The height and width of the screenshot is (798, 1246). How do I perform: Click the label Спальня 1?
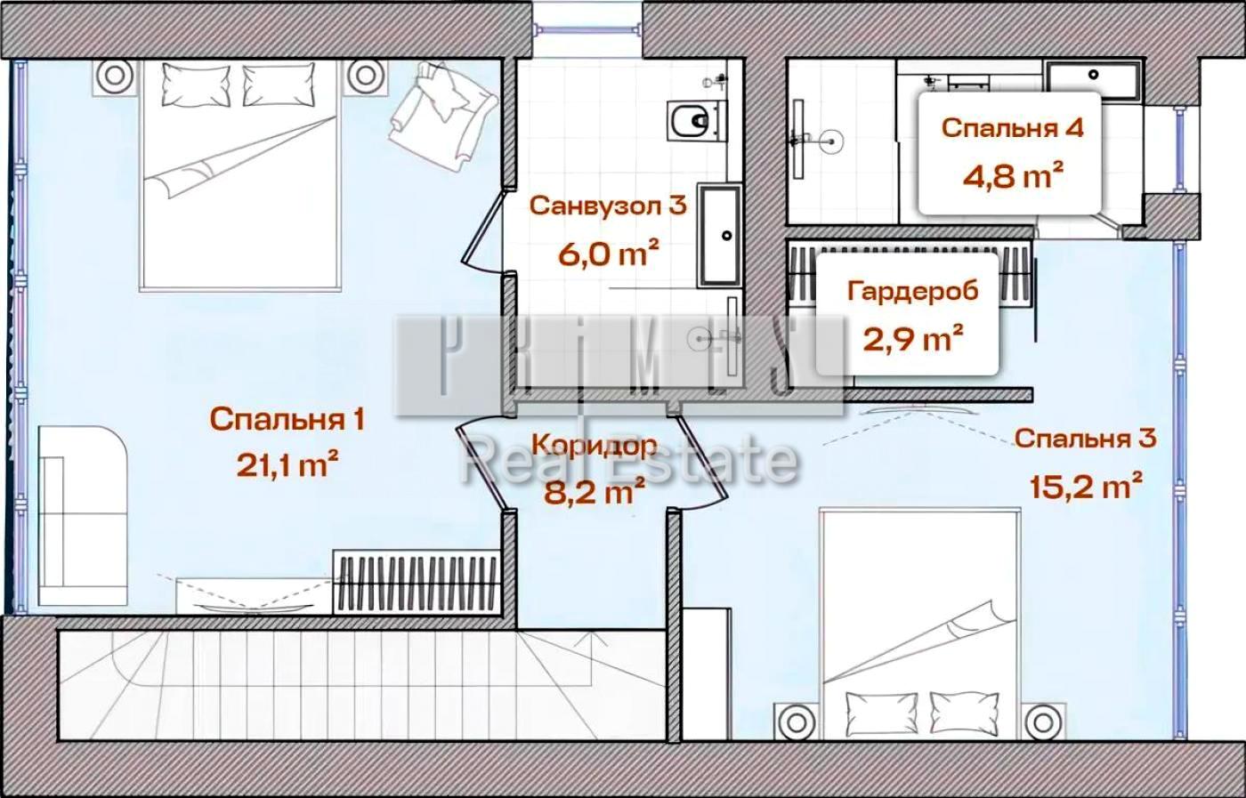pyautogui.click(x=287, y=419)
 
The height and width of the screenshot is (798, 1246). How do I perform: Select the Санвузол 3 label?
pyautogui.click(x=608, y=206)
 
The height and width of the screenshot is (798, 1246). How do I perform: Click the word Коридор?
pyautogui.click(x=595, y=445)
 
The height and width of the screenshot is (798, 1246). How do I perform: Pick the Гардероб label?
pyautogui.click(x=912, y=291)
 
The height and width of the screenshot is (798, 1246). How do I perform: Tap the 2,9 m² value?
pyautogui.click(x=912, y=338)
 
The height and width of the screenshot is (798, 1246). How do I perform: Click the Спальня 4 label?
pyautogui.click(x=1013, y=127)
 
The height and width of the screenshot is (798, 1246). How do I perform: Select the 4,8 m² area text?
pyautogui.click(x=1013, y=174)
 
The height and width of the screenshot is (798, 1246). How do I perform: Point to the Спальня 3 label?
pyautogui.click(x=1085, y=439)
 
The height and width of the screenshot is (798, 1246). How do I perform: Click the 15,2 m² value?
pyautogui.click(x=1085, y=487)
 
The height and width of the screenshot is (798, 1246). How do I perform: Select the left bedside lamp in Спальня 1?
pyautogui.click(x=113, y=77)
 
